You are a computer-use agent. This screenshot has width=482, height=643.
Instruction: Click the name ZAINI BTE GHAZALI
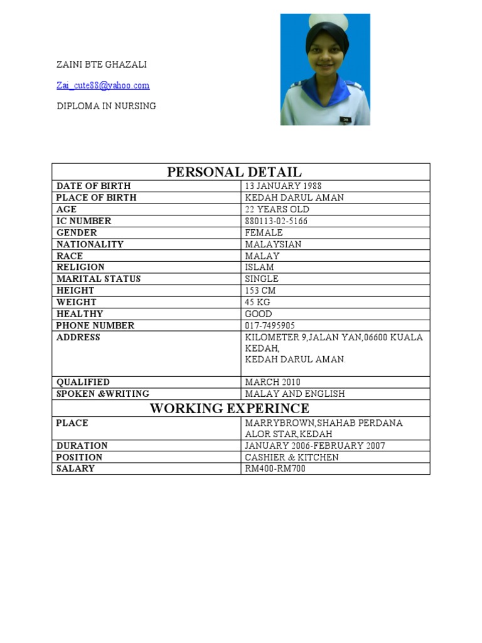pyautogui.click(x=102, y=65)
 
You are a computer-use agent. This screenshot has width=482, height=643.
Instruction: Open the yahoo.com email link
pyautogui.click(x=103, y=85)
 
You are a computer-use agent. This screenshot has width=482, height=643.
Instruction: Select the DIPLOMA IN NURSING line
pyautogui.click(x=106, y=106)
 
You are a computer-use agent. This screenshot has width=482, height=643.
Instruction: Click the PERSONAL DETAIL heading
pyautogui.click(x=234, y=172)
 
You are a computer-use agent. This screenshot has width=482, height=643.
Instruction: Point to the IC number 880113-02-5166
pyautogui.click(x=276, y=221)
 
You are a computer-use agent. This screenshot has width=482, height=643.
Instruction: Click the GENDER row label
pyautogui.click(x=77, y=232)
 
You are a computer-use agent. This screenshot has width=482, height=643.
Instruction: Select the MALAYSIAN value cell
pyautogui.click(x=273, y=244)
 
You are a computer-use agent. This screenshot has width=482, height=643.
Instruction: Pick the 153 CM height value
pyautogui.click(x=260, y=291)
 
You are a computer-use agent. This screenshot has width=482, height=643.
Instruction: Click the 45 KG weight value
pyautogui.click(x=257, y=302)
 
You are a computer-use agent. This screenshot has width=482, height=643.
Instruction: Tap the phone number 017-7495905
pyautogui.click(x=270, y=325)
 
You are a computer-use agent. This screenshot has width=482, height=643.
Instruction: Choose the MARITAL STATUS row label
pyautogui.click(x=99, y=279)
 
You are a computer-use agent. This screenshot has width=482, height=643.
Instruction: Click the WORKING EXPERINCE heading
pyautogui.click(x=229, y=409)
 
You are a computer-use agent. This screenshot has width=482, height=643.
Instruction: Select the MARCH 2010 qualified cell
pyautogui.click(x=272, y=382)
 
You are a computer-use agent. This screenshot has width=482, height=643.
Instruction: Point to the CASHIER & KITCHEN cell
pyautogui.click(x=291, y=457)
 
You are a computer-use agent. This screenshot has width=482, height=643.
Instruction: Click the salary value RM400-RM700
pyautogui.click(x=275, y=468)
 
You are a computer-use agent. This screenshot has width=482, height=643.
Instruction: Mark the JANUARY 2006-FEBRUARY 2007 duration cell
pyautogui.click(x=315, y=446)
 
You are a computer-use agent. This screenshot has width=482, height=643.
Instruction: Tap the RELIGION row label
pyautogui.click(x=80, y=267)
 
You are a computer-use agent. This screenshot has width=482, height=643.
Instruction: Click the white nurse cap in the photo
pyautogui.click(x=326, y=21)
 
